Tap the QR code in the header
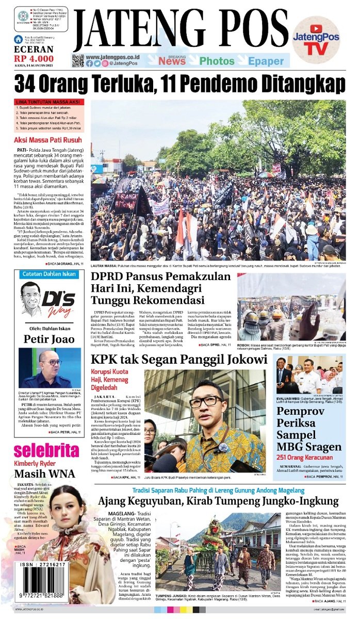[x=78, y=60]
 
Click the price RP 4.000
[x=34, y=58]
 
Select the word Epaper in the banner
[x=266, y=61]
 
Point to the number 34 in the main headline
[x=27, y=84]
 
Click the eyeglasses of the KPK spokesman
[x=204, y=401]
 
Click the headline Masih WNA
[x=44, y=474]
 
